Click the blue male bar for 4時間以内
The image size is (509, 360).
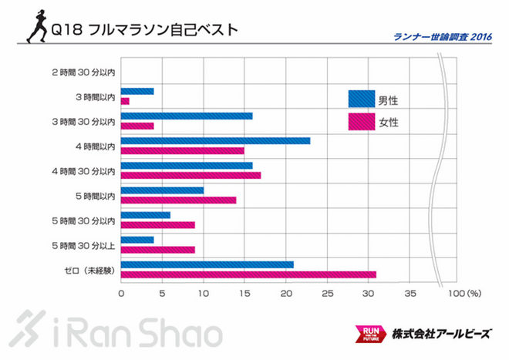[215, 140]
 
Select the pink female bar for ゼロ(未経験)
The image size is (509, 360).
[248, 274]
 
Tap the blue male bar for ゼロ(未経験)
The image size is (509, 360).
[207, 264]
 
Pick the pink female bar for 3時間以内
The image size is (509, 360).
[125, 101]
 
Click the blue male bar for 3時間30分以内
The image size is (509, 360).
[187, 116]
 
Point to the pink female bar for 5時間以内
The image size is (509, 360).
[178, 200]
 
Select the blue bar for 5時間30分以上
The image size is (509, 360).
[137, 240]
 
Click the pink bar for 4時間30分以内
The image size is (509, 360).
[190, 175]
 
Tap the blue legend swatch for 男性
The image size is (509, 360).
[361, 99]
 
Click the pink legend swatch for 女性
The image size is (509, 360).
[361, 122]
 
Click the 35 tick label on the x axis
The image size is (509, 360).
[410, 294]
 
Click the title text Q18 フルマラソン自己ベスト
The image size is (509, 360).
[143, 30]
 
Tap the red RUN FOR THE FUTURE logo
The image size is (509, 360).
[367, 334]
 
